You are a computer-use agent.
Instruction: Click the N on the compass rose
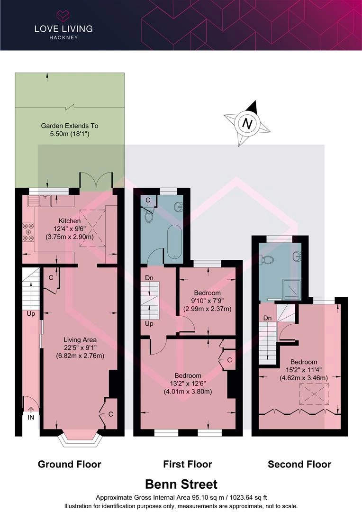click(248, 124)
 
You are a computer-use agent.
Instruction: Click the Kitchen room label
click(70, 221)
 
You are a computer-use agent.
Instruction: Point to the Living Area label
click(80, 339)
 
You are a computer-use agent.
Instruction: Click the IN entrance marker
click(31, 417)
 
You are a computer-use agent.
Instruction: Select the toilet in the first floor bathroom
click(149, 216)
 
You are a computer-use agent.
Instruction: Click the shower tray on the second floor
click(292, 289)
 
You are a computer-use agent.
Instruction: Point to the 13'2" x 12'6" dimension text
click(188, 384)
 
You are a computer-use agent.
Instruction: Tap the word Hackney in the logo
click(63, 37)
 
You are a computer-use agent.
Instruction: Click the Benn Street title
click(181, 484)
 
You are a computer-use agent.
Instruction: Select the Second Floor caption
click(299, 464)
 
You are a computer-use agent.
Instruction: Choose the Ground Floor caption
click(70, 464)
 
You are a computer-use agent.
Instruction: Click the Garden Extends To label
click(70, 125)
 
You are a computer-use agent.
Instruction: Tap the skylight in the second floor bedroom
click(314, 394)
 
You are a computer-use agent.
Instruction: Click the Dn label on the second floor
click(267, 318)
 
